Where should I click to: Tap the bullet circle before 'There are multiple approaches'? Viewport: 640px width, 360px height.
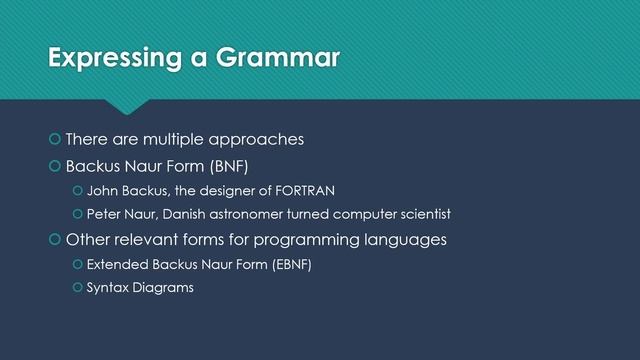pyautogui.click(x=55, y=139)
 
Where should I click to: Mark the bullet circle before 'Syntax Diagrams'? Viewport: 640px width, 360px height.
pyautogui.click(x=77, y=291)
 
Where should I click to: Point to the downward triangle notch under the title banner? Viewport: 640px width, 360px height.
pyautogui.click(x=129, y=106)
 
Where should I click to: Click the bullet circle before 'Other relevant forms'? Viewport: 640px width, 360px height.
pyautogui.click(x=55, y=241)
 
